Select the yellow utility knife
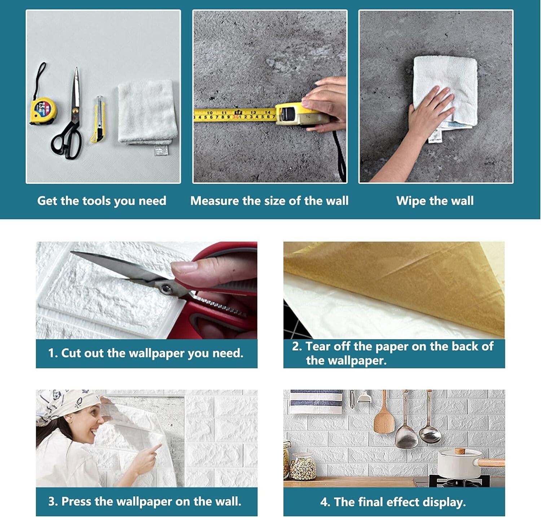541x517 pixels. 98,119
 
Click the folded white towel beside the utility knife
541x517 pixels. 147,115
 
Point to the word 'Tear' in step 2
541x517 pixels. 318,346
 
